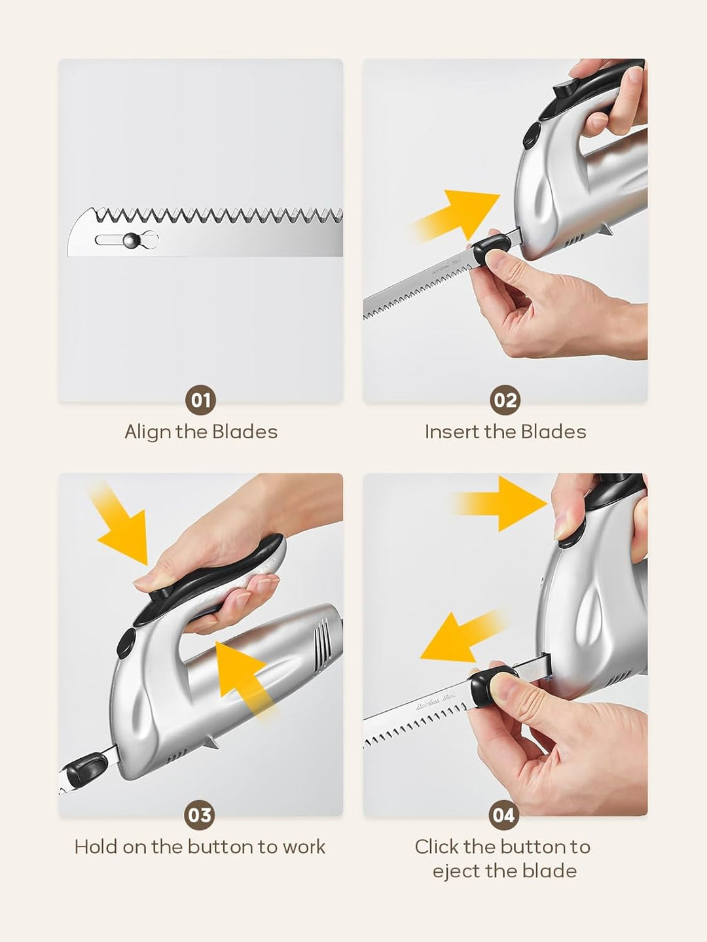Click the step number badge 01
[200, 400]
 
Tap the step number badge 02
[505, 400]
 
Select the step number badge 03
[200, 815]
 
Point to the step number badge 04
[504, 815]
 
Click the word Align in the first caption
[147, 432]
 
